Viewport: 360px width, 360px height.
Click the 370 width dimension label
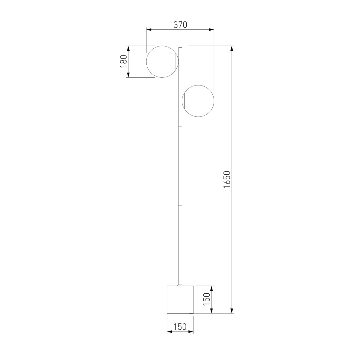click(180, 25)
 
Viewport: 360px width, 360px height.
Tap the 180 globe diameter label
click(123, 61)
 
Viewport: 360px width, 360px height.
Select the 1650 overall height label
click(227, 179)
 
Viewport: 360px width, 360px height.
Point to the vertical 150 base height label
click(207, 304)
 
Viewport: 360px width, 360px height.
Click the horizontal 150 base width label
click(180, 327)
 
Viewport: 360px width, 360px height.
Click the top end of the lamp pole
click(180, 48)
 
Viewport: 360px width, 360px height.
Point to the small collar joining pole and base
click(180, 290)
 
